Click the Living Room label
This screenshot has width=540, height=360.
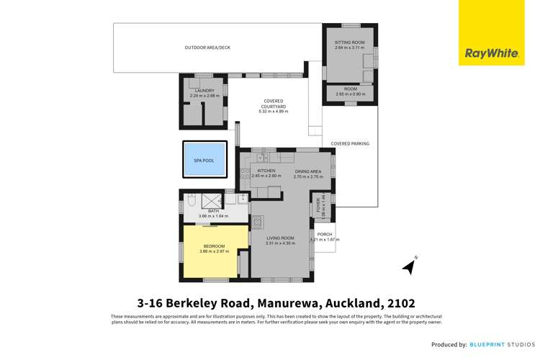[280, 240]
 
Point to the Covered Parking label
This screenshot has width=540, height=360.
[350, 144]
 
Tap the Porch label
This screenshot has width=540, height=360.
[325, 236]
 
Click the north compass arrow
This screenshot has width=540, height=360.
[409, 266]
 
